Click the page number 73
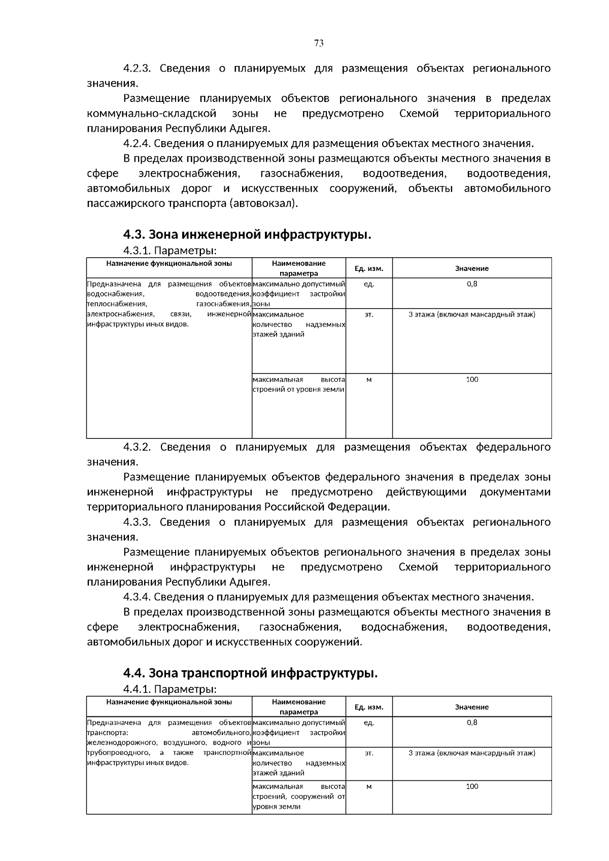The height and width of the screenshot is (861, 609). tap(319, 43)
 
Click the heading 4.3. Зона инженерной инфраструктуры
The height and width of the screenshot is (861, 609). tap(247, 234)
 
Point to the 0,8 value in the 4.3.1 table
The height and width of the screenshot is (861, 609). tap(471, 284)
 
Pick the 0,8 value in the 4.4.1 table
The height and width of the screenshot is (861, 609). tap(471, 722)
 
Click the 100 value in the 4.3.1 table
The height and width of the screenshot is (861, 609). tap(471, 380)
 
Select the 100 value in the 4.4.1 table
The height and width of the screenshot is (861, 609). tap(471, 786)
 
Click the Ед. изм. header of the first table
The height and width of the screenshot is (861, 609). tap(368, 268)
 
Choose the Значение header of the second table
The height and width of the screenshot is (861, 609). tap(471, 707)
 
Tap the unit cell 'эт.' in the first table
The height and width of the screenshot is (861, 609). tap(368, 314)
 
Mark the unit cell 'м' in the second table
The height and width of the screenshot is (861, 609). tap(368, 786)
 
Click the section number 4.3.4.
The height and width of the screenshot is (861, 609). tap(137, 597)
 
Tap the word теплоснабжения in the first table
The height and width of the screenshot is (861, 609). tap(117, 304)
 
